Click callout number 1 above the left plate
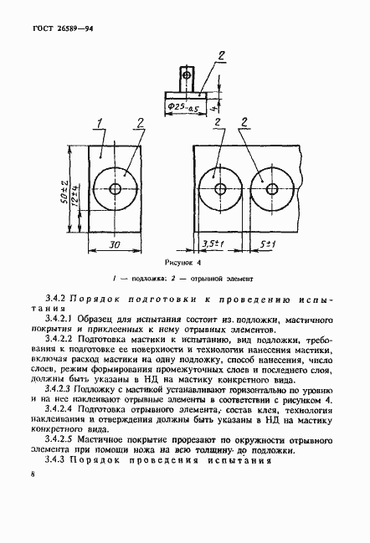[x=100, y=125]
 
